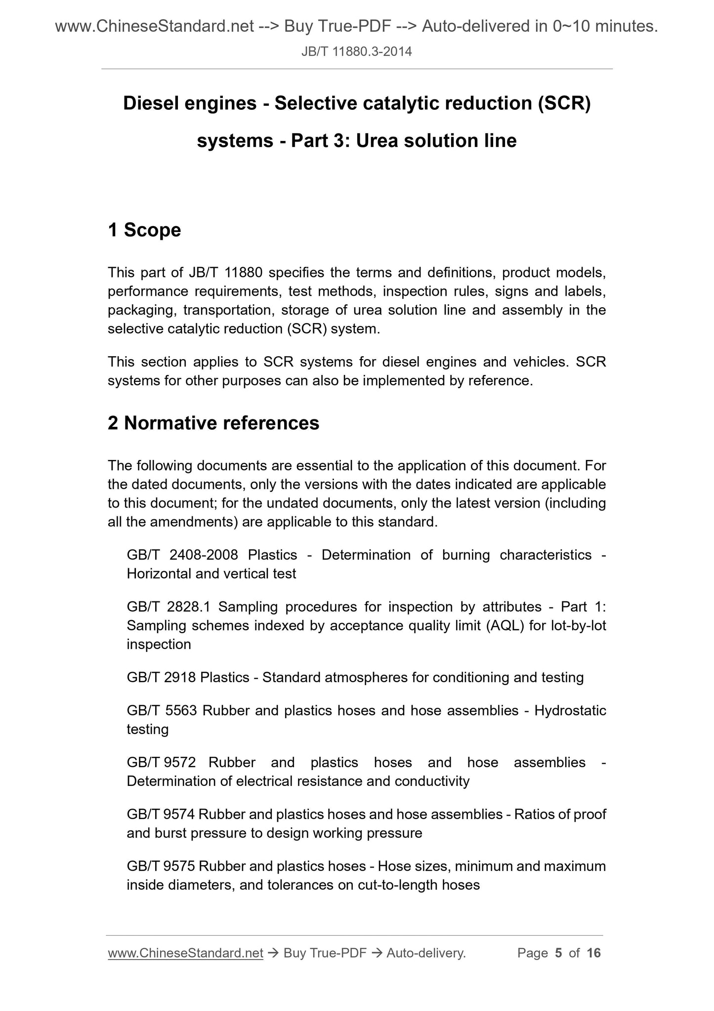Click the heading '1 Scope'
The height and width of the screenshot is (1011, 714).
click(144, 230)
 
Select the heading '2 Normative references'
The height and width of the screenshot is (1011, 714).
click(213, 423)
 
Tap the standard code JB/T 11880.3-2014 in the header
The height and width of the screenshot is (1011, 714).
click(357, 51)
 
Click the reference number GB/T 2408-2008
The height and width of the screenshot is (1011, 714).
click(182, 555)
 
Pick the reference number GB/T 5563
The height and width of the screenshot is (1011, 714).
click(162, 711)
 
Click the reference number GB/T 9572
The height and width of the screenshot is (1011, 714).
click(161, 762)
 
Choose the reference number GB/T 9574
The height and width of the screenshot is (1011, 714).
click(161, 814)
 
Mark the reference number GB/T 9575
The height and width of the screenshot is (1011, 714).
click(161, 866)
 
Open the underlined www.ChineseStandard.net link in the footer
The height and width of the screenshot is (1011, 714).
click(185, 953)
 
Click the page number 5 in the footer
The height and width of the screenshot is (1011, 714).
click(558, 953)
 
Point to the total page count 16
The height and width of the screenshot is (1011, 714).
click(593, 953)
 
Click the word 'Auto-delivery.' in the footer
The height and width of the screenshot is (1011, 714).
click(426, 953)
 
